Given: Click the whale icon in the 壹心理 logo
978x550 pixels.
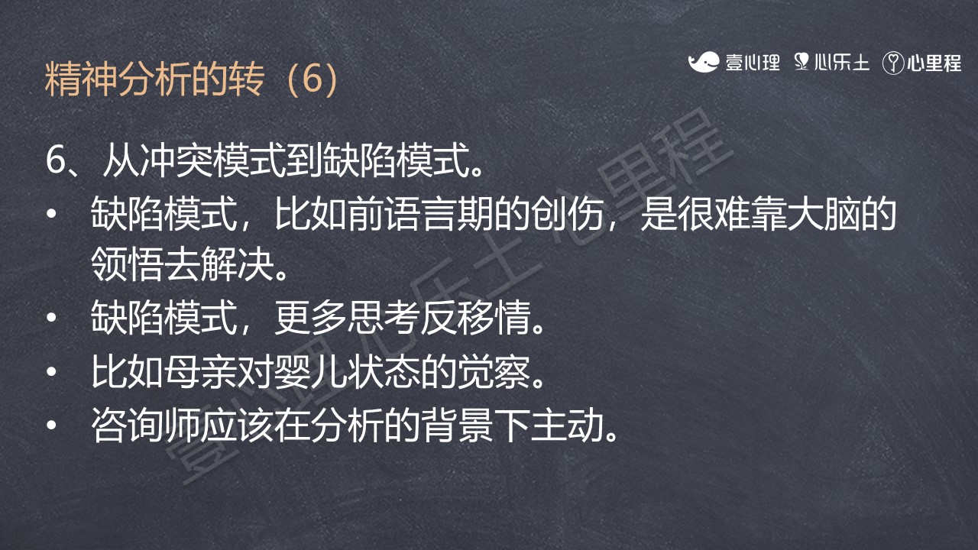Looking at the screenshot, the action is click(x=704, y=62).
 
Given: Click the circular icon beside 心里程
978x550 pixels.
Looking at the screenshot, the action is click(x=893, y=63).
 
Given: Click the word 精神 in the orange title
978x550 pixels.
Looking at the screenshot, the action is click(x=81, y=79).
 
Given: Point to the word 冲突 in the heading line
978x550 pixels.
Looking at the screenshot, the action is click(x=176, y=160).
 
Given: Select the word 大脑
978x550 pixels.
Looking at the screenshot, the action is click(x=824, y=213).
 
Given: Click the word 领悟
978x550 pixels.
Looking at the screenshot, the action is click(x=128, y=264).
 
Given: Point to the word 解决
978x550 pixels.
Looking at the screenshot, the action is click(x=238, y=264).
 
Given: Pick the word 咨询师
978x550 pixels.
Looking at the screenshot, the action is click(x=146, y=425).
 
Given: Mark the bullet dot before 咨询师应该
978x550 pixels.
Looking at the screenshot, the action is click(x=51, y=425).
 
